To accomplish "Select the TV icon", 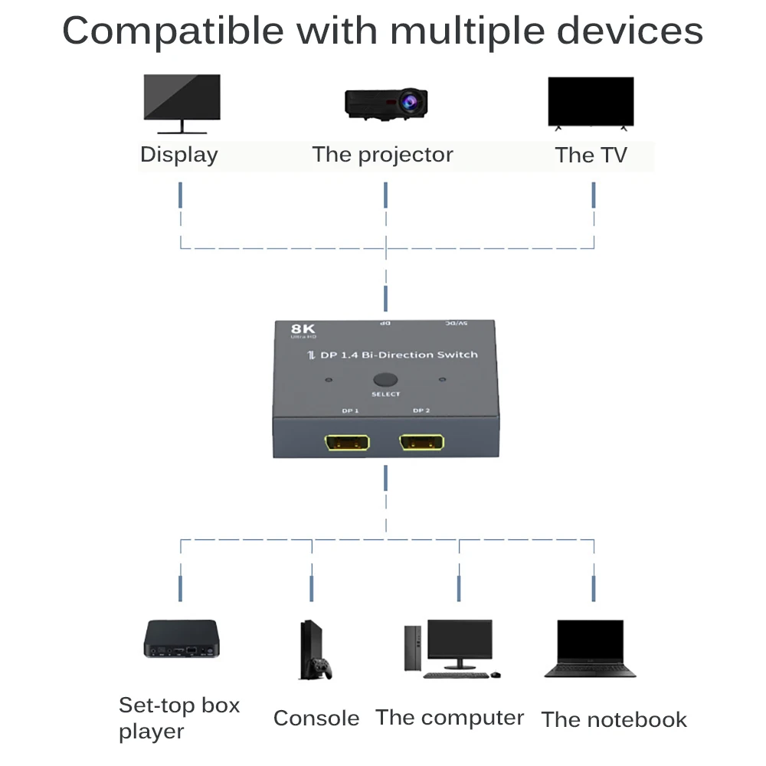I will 591,103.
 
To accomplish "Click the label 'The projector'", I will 382,155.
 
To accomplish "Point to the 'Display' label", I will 178,155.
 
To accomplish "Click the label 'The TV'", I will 591,155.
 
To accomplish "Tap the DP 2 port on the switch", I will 421,444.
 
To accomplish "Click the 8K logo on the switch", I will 304,330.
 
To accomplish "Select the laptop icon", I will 590,649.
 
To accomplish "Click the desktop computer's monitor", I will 460,642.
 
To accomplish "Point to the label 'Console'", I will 316,719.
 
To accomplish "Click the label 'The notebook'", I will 614,720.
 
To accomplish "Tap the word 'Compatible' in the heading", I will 173,31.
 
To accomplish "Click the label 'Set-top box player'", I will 178,718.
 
